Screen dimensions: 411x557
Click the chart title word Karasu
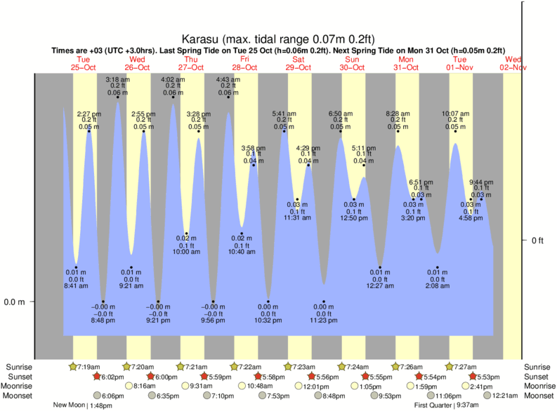(199, 40)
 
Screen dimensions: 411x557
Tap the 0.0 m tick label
(15, 302)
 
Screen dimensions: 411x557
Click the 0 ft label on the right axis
(537, 241)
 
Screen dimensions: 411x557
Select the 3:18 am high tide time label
(117, 79)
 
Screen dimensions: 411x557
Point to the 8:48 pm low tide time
(103, 321)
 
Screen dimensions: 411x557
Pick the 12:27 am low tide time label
(380, 286)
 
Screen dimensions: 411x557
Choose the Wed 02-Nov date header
(513, 63)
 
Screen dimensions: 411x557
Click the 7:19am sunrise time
(89, 367)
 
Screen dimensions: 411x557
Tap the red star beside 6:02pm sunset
(97, 377)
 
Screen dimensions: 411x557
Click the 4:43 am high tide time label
(228, 79)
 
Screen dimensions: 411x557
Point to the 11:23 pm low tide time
(324, 321)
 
